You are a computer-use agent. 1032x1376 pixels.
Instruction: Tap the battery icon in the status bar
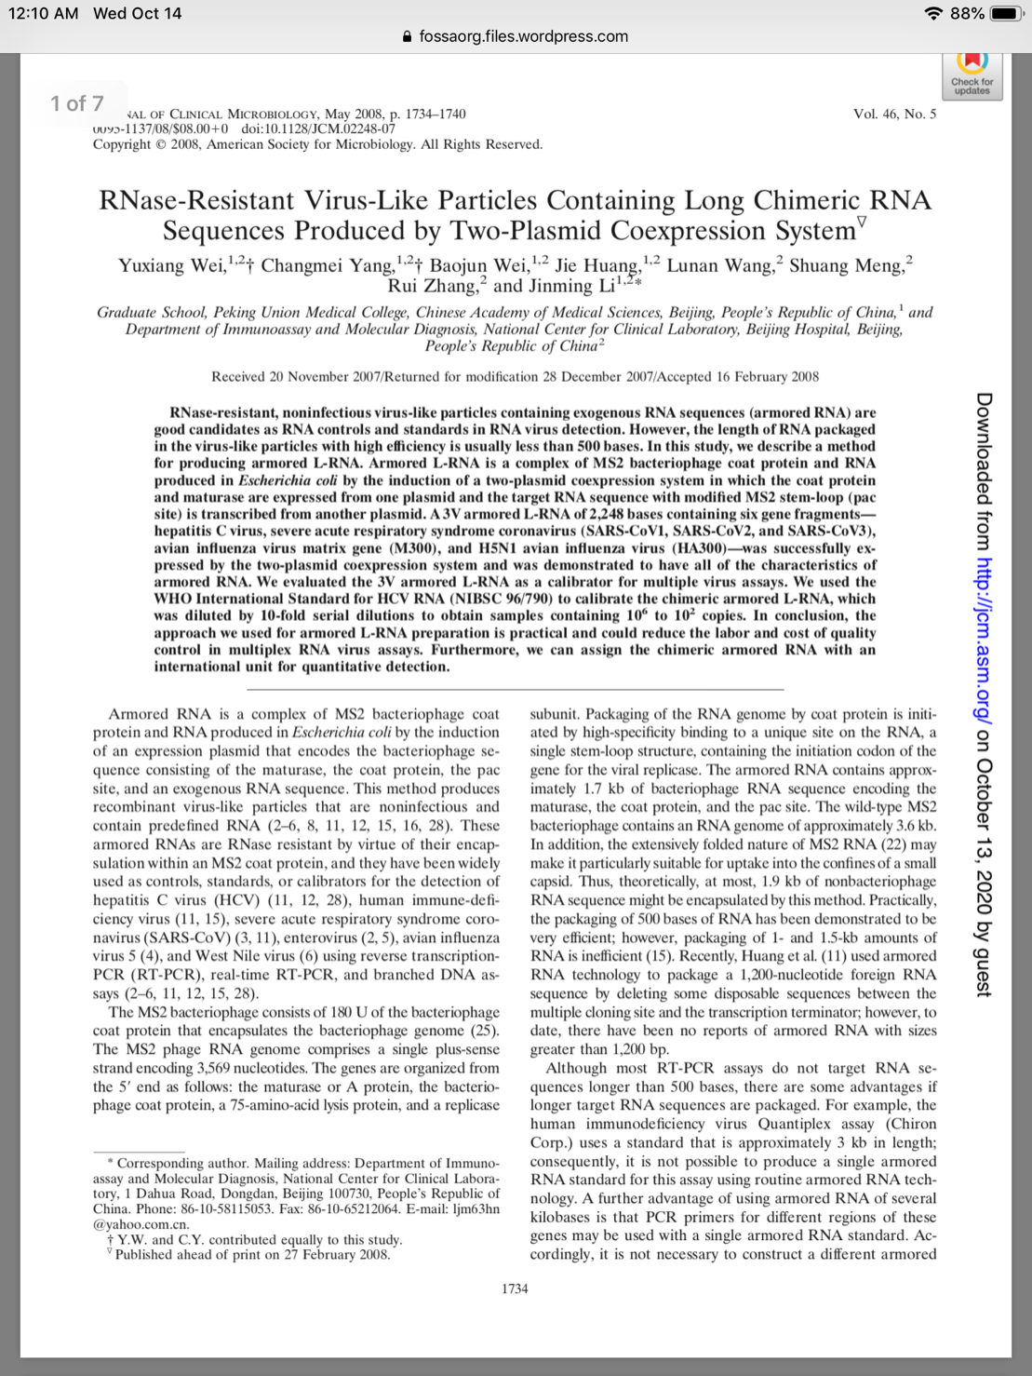click(x=1007, y=14)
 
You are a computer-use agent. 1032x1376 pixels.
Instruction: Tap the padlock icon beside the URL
click(x=407, y=37)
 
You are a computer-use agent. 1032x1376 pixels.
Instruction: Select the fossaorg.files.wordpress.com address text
click(x=523, y=36)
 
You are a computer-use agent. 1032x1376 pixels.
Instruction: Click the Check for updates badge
click(x=972, y=74)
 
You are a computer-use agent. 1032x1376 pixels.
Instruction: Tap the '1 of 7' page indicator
click(x=77, y=103)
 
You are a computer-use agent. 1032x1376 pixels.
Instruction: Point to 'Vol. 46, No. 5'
click(x=894, y=114)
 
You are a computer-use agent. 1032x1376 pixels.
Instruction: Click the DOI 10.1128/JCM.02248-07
click(x=318, y=128)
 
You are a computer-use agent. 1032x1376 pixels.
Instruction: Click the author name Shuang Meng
click(x=845, y=266)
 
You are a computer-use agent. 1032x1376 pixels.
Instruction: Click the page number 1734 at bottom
click(x=515, y=1289)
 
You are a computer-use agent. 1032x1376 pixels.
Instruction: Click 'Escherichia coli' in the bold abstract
click(x=288, y=480)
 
